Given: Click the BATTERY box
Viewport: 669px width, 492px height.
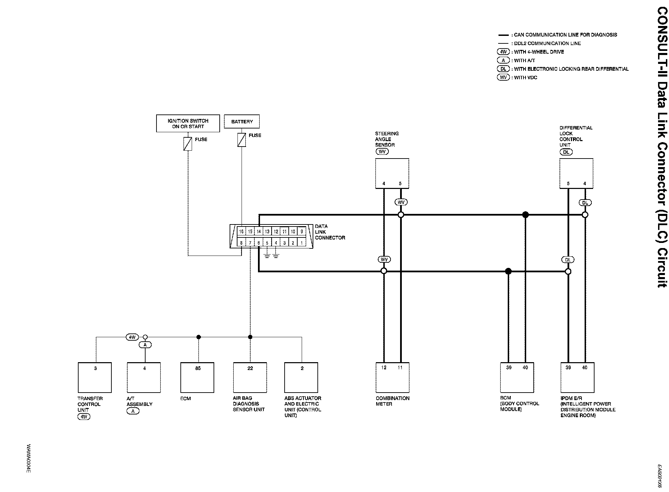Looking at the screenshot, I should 242,122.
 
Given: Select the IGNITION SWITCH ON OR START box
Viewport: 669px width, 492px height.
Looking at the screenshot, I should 188,123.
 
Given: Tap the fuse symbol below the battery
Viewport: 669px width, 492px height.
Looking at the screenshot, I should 242,140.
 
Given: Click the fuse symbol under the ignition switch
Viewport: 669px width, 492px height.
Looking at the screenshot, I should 188,144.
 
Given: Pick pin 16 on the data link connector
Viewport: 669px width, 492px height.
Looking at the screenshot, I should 241,232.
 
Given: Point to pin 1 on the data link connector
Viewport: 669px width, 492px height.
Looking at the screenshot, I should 301,243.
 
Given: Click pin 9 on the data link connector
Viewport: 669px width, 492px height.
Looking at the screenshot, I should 301,232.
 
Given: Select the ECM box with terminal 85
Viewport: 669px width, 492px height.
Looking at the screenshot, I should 197,378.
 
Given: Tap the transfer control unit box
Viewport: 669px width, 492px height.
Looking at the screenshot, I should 95,378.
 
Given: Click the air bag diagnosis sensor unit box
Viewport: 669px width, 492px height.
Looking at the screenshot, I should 250,378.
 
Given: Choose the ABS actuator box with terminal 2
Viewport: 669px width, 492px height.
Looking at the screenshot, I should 301,378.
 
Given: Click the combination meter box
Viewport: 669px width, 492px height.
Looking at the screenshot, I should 392,378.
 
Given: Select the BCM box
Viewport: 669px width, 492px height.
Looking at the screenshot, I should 517,378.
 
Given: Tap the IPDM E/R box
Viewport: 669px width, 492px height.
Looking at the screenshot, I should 577,378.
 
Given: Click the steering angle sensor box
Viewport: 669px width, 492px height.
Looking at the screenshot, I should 392,173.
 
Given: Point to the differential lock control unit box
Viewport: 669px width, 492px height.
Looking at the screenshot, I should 576,173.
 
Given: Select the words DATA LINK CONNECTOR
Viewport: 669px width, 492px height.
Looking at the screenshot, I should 330,232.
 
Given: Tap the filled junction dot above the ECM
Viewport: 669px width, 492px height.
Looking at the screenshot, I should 199,337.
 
